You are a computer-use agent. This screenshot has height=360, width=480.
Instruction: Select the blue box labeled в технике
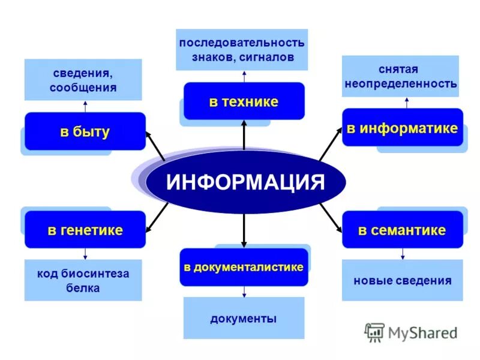[x=244, y=101]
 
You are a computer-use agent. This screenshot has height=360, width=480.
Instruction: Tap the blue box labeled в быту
[x=85, y=131]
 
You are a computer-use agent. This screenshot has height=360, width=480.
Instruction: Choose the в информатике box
[x=402, y=128]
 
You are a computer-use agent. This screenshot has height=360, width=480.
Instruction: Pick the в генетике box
[x=85, y=230]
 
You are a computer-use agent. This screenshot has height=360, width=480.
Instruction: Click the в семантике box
[x=402, y=230]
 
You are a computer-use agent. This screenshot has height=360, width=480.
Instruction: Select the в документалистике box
[x=244, y=267]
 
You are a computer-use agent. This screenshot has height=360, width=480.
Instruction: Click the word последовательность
[x=241, y=43]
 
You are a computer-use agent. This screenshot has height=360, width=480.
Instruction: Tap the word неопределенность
[x=400, y=84]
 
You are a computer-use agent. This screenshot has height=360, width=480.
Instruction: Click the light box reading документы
[x=244, y=319]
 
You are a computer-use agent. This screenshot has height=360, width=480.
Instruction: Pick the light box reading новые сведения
[x=402, y=280]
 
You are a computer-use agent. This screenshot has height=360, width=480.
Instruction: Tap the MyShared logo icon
[x=375, y=332]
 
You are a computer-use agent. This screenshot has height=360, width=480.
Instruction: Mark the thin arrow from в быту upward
[x=85, y=106]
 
